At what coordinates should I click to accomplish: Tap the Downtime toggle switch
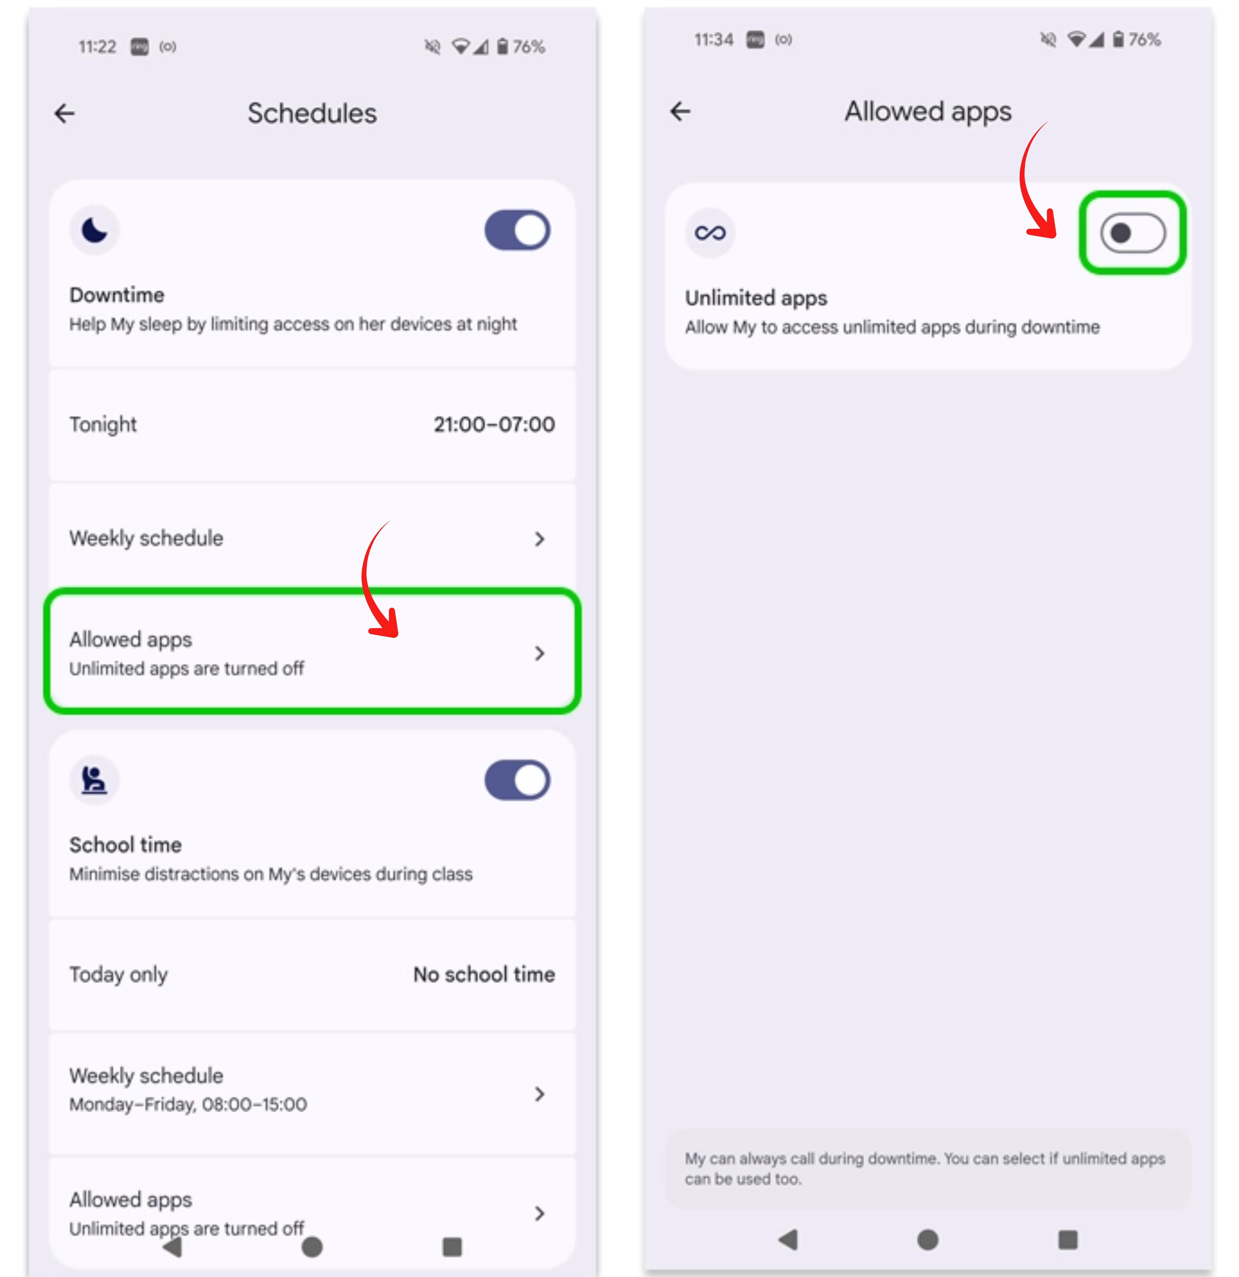pos(517,230)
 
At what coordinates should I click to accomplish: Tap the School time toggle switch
pos(517,780)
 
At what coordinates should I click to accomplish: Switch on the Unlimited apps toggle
pos(1133,233)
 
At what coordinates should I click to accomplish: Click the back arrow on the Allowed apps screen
pos(680,111)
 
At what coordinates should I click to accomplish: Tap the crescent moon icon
pos(94,230)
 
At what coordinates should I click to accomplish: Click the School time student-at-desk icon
pos(94,780)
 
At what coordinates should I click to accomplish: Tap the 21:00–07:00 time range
pos(494,424)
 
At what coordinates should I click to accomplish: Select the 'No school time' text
pos(484,974)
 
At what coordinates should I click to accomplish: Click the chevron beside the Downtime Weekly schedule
pos(539,539)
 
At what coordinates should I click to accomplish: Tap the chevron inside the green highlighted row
pos(539,653)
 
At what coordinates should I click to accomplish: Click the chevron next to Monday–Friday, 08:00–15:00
pos(539,1094)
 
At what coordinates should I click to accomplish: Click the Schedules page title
pos(312,113)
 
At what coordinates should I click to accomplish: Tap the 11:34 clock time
pos(713,40)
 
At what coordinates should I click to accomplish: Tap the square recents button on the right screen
pos(1068,1240)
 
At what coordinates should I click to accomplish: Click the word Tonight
pos(103,424)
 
